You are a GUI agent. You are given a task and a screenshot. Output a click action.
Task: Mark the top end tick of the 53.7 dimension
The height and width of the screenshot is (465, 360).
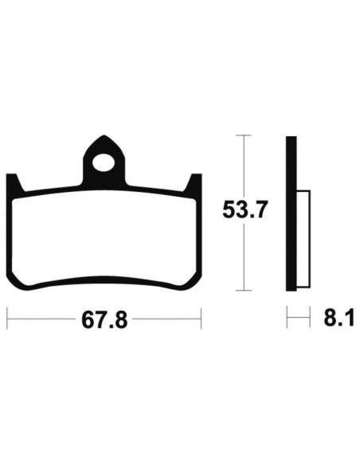tap(243, 136)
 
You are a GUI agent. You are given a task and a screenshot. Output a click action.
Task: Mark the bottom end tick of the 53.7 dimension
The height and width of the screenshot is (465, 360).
tap(243, 290)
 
